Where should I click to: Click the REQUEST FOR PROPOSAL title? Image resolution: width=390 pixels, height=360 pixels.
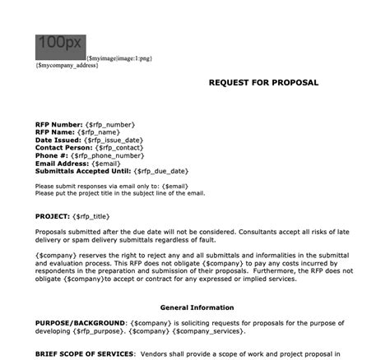[262, 83]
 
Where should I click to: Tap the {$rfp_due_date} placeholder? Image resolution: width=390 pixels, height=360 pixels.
[161, 171]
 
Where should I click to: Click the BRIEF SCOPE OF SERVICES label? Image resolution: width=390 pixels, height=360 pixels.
[86, 353]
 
